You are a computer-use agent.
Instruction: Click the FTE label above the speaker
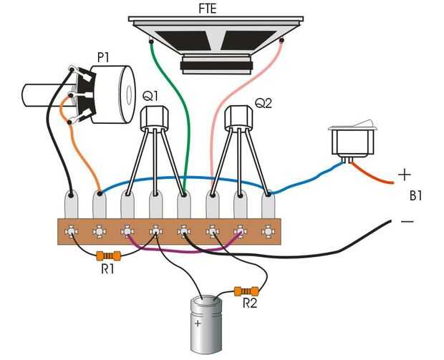[208, 9]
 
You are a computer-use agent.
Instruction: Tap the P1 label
[103, 57]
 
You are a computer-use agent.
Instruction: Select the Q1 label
[150, 97]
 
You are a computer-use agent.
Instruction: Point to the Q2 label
[264, 103]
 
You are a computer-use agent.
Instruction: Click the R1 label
[107, 269]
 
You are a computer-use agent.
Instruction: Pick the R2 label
[250, 303]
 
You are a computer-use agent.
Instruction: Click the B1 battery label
[415, 196]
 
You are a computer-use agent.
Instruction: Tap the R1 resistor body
[108, 256]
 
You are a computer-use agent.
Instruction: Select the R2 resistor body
[246, 291]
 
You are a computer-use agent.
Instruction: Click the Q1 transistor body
[155, 117]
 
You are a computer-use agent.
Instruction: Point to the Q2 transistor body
[238, 117]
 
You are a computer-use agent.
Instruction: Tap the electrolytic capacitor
[206, 324]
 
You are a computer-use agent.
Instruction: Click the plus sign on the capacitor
[198, 323]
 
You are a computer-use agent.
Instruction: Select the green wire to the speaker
[175, 107]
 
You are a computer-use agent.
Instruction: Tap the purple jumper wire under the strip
[184, 250]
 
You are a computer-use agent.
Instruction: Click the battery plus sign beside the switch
[405, 175]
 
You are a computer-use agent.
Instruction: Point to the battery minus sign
[407, 221]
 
